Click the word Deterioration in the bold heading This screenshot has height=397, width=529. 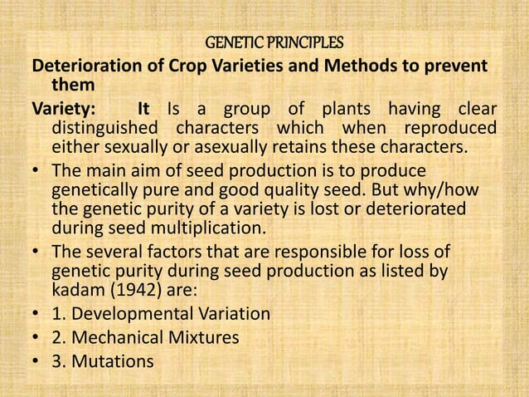[79, 65]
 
